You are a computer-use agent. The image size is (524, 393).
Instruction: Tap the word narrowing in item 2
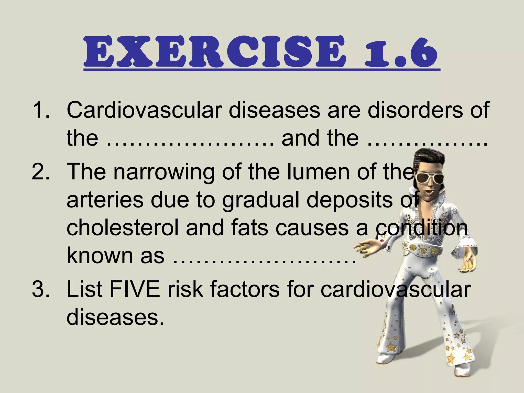click(164, 172)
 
